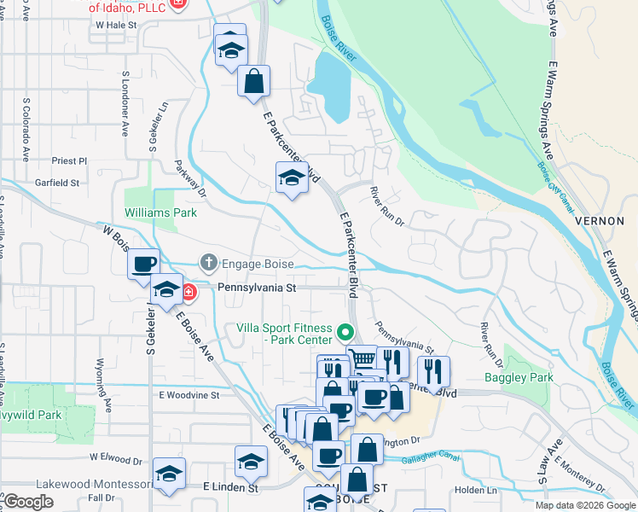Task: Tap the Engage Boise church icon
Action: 207,262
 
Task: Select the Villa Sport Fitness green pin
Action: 345,332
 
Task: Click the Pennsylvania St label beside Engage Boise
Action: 256,288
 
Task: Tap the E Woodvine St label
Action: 188,395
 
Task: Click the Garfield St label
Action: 57,183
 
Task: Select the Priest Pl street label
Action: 69,160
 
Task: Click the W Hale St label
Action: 117,26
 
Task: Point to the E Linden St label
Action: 230,488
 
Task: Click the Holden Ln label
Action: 469,490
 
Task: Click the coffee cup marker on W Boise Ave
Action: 144,263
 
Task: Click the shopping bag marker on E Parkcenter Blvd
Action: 254,82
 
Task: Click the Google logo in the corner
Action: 28,502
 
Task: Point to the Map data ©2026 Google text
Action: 585,506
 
